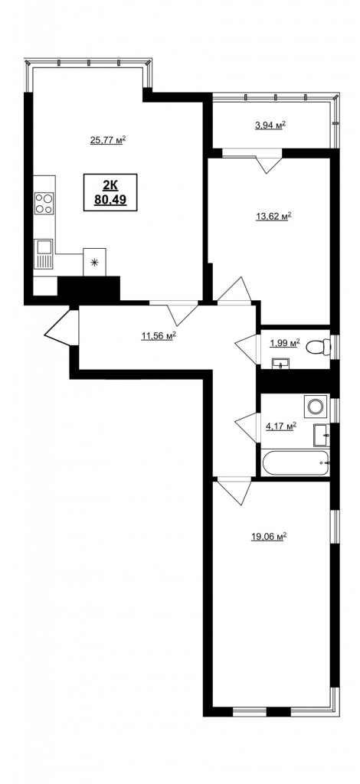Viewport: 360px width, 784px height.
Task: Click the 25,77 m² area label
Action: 107,140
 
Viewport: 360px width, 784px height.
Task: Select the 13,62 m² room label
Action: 273,217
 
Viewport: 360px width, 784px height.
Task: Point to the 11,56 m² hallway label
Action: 158,336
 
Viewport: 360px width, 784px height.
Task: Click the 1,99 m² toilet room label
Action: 284,343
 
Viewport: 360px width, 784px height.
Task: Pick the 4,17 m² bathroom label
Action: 280,426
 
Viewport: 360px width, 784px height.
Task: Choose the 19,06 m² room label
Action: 269,537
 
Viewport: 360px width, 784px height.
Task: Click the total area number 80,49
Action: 110,200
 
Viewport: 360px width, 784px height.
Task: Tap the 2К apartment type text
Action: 110,185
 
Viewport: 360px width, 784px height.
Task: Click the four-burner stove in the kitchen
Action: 44,204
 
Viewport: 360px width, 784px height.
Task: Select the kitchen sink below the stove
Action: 44,254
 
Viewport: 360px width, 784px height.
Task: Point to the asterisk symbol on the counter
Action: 94,262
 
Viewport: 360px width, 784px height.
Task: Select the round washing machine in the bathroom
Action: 316,406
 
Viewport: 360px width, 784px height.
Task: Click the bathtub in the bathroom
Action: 295,463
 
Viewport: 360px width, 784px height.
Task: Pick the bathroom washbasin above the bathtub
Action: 322,435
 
